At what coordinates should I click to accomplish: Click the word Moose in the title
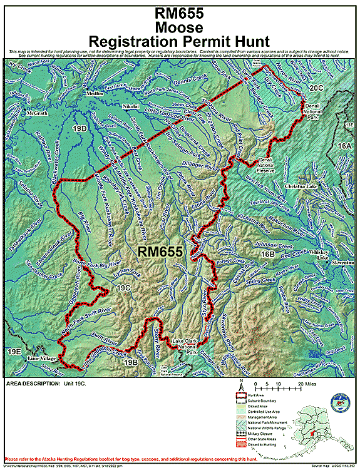(x=180, y=28)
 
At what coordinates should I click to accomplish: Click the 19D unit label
(x=80, y=129)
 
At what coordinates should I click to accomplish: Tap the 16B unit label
(x=267, y=255)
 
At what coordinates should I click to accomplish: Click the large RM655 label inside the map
(x=160, y=252)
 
